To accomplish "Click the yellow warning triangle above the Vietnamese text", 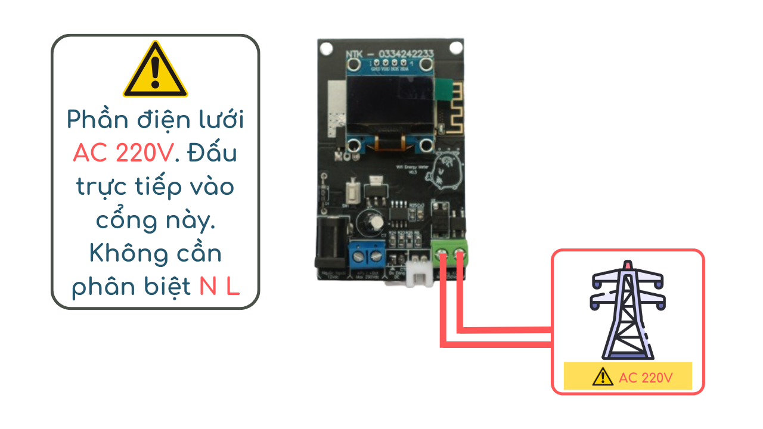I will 155,70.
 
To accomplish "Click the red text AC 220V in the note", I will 123,154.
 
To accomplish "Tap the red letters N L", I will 219,287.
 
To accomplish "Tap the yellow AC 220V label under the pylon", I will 628,377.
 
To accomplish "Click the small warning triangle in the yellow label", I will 603,377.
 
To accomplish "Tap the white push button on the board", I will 352,192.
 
